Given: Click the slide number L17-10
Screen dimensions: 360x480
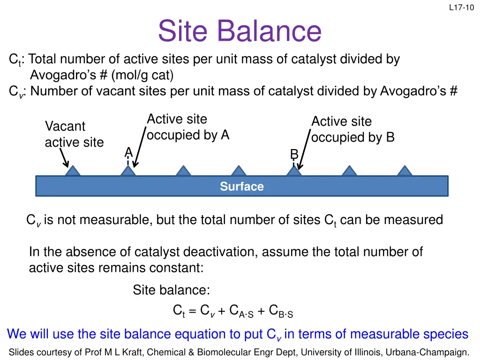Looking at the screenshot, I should tap(461, 7).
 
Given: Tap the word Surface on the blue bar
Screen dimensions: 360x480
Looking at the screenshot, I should tap(242, 187).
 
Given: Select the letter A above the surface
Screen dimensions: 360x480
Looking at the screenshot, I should tap(128, 152).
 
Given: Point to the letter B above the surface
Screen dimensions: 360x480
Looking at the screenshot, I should tap(294, 154).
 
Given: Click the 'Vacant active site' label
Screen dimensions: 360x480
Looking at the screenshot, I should tap(74, 134).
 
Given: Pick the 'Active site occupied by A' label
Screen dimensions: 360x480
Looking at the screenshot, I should tap(187, 127).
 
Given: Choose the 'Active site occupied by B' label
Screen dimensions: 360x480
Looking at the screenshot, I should tap(352, 129).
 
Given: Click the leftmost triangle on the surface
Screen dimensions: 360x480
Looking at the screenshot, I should tap(72, 171).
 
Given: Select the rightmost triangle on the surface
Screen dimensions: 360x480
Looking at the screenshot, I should tap(405, 171).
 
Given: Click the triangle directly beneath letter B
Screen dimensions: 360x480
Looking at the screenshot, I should tap(294, 171).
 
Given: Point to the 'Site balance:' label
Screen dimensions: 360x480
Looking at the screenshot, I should tap(171, 290).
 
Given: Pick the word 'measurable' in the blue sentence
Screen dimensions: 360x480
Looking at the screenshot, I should tap(386, 334).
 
